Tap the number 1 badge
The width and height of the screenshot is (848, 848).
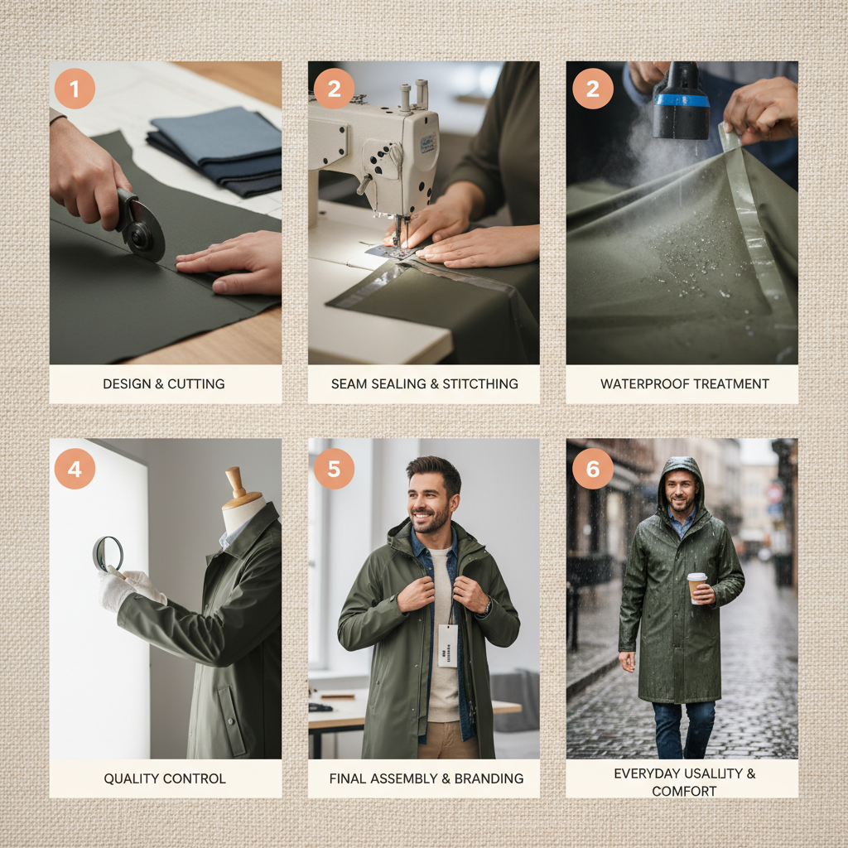[x=75, y=89]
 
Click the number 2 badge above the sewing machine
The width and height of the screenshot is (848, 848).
[x=334, y=89]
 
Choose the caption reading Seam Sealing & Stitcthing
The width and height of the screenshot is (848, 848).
[x=424, y=383]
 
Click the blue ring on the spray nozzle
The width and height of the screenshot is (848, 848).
[x=681, y=100]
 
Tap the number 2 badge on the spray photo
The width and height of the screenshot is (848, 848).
[x=592, y=89]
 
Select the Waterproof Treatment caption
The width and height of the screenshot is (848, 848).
[x=684, y=383]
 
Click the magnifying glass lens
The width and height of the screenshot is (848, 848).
[x=108, y=552]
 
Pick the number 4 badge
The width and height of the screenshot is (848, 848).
[x=75, y=469]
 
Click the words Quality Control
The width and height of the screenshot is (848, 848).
[x=165, y=778]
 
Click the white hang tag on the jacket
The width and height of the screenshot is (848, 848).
[x=448, y=645]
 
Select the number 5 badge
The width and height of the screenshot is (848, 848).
[x=334, y=469]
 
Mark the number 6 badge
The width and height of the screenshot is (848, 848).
[x=592, y=469]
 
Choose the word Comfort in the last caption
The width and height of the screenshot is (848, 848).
[x=684, y=791]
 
